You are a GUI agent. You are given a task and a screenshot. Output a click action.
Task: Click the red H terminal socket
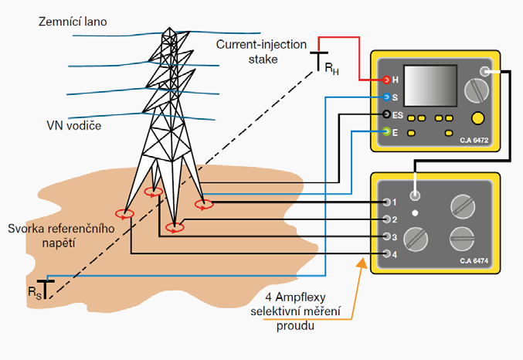386,80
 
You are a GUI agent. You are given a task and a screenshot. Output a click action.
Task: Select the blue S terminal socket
386,97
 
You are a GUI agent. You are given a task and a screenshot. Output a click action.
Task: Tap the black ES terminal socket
386,114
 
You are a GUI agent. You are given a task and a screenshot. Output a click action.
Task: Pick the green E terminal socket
386,132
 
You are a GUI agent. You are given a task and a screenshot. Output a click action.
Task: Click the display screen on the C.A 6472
430,86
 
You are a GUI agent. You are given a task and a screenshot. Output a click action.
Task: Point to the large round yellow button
477,118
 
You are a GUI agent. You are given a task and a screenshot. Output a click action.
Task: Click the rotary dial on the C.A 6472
477,90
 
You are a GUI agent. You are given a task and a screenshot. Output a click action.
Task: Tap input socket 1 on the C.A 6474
386,202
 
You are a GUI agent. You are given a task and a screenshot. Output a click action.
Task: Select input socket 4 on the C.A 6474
386,254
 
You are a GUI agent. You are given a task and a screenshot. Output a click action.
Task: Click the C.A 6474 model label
474,261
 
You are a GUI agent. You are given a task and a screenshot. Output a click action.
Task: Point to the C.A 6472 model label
474,141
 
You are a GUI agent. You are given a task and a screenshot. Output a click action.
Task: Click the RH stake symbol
319,61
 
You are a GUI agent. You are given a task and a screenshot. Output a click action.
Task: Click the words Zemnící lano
73,22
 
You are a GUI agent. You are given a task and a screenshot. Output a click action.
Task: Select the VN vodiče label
73,126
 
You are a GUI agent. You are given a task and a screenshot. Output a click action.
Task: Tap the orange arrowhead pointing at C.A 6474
362,263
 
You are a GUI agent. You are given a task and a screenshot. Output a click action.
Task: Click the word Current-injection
261,44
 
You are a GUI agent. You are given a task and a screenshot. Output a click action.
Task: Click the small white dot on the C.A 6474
415,213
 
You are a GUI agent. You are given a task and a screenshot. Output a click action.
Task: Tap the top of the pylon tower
169,29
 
